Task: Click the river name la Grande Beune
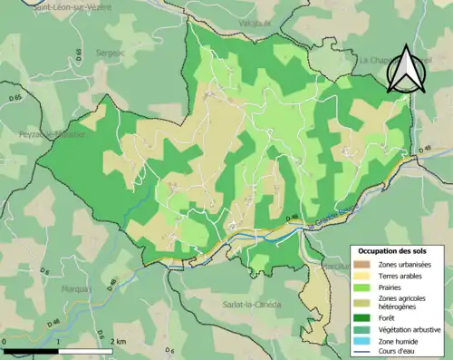pos(331,218)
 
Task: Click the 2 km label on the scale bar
pos(117,341)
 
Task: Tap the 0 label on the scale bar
pos(5,341)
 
